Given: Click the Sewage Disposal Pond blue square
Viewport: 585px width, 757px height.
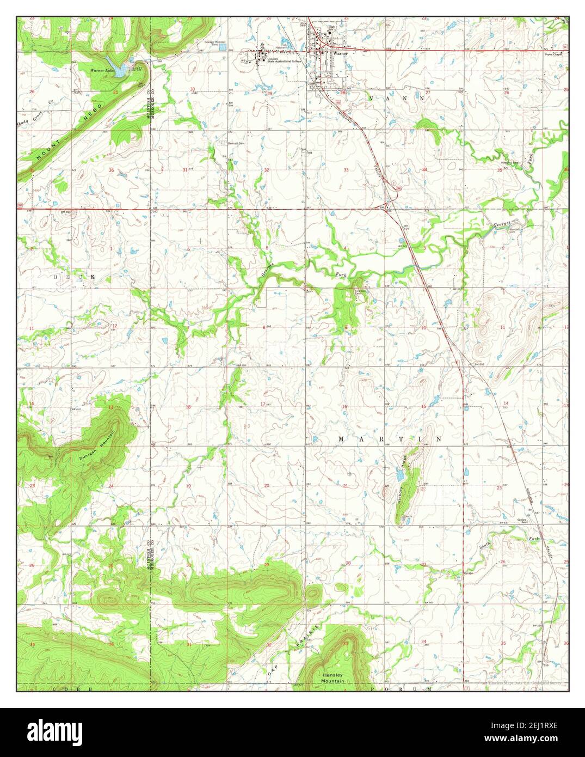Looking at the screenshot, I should (222, 47).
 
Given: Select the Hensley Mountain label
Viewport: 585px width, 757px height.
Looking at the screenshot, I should (332, 677).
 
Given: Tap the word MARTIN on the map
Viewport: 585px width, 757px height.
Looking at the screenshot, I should (390, 438).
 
